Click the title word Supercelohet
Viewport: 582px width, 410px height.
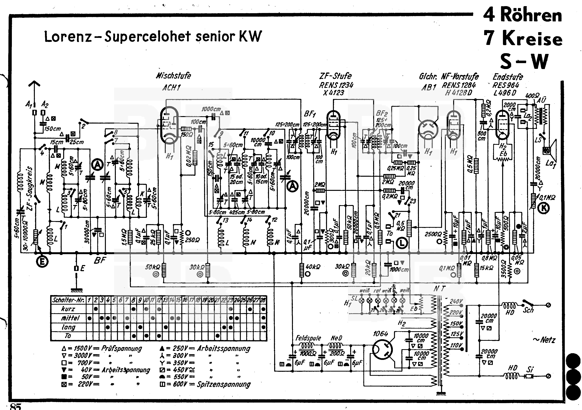(148, 37)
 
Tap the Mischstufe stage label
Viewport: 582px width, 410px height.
(173, 76)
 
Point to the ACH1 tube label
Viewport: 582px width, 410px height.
(171, 88)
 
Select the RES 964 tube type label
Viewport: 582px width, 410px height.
(506, 85)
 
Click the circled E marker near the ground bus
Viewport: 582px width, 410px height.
(42, 262)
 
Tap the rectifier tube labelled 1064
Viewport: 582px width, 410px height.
(383, 350)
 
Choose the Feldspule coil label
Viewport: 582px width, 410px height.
(308, 338)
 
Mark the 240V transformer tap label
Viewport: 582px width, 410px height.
(456, 301)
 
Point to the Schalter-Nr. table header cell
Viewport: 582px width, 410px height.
(68, 300)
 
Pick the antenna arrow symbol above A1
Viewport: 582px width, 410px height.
(34, 85)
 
